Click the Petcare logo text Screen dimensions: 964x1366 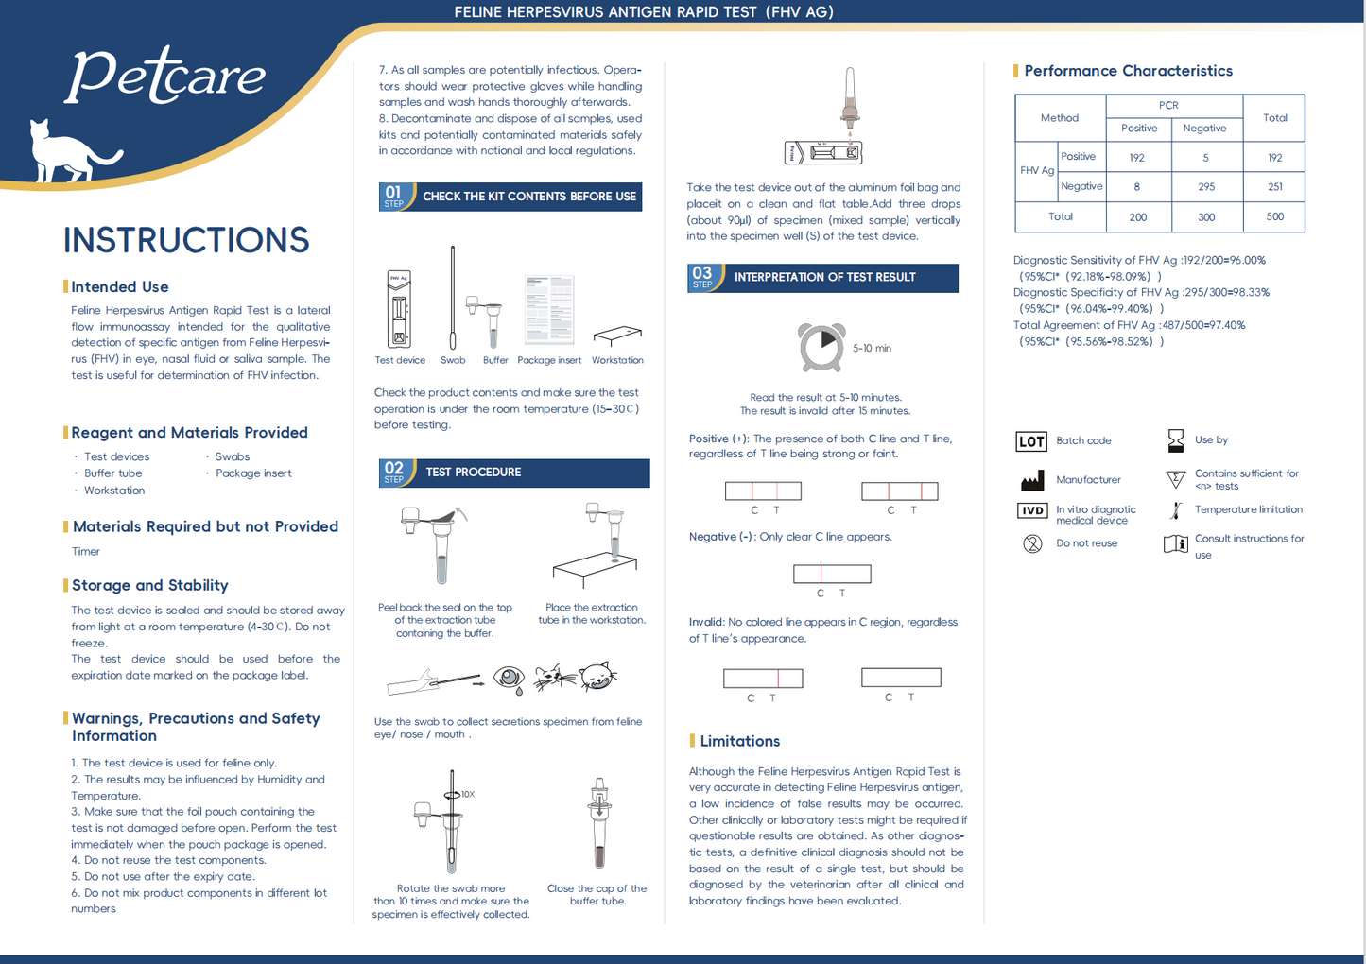[165, 76]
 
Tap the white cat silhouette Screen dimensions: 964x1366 [66, 151]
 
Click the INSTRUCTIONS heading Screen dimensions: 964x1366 [186, 240]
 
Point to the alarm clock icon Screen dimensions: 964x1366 [821, 348]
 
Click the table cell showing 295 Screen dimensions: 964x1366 [1205, 187]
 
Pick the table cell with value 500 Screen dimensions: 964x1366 [1274, 216]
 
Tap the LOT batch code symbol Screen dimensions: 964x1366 [1031, 441]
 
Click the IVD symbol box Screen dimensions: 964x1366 [1031, 510]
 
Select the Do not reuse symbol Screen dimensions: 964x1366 [1032, 543]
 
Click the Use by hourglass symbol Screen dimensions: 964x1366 [1175, 440]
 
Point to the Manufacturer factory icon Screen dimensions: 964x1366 [1032, 480]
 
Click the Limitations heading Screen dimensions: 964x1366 [739, 741]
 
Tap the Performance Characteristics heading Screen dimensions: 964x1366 [1128, 71]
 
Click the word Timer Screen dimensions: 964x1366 [86, 552]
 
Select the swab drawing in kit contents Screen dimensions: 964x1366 [453, 298]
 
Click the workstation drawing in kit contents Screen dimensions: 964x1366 [617, 336]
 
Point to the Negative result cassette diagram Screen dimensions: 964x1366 [832, 574]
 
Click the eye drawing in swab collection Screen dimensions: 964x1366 [509, 678]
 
